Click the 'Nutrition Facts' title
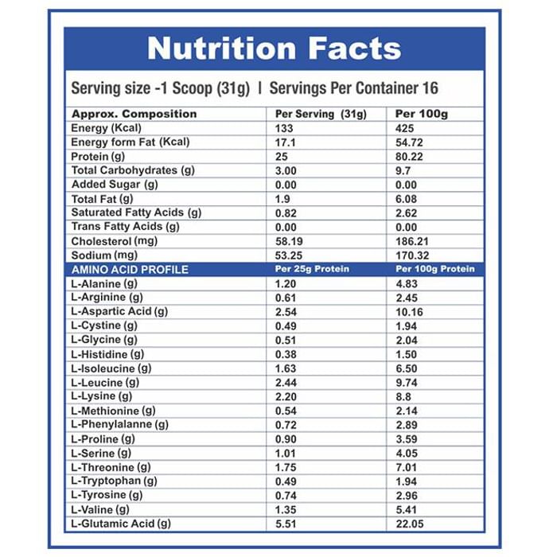[x=274, y=49]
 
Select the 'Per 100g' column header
[x=422, y=114]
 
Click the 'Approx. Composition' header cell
[x=134, y=114]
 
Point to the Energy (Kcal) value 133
[x=284, y=128]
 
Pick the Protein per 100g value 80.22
[x=411, y=156]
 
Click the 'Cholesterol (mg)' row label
[x=114, y=240]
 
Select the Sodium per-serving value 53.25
[x=289, y=255]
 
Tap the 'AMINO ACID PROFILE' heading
[x=130, y=269]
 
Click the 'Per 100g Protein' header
[x=434, y=269]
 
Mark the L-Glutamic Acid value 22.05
[x=411, y=524]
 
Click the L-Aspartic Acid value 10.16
[x=411, y=311]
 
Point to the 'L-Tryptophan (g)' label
[x=114, y=481]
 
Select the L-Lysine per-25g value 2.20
[x=285, y=396]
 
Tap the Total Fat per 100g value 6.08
[x=407, y=198]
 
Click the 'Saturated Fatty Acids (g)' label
[x=136, y=212]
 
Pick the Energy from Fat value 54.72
[x=411, y=142]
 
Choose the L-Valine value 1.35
[x=285, y=509]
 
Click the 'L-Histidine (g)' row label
[x=107, y=353]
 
